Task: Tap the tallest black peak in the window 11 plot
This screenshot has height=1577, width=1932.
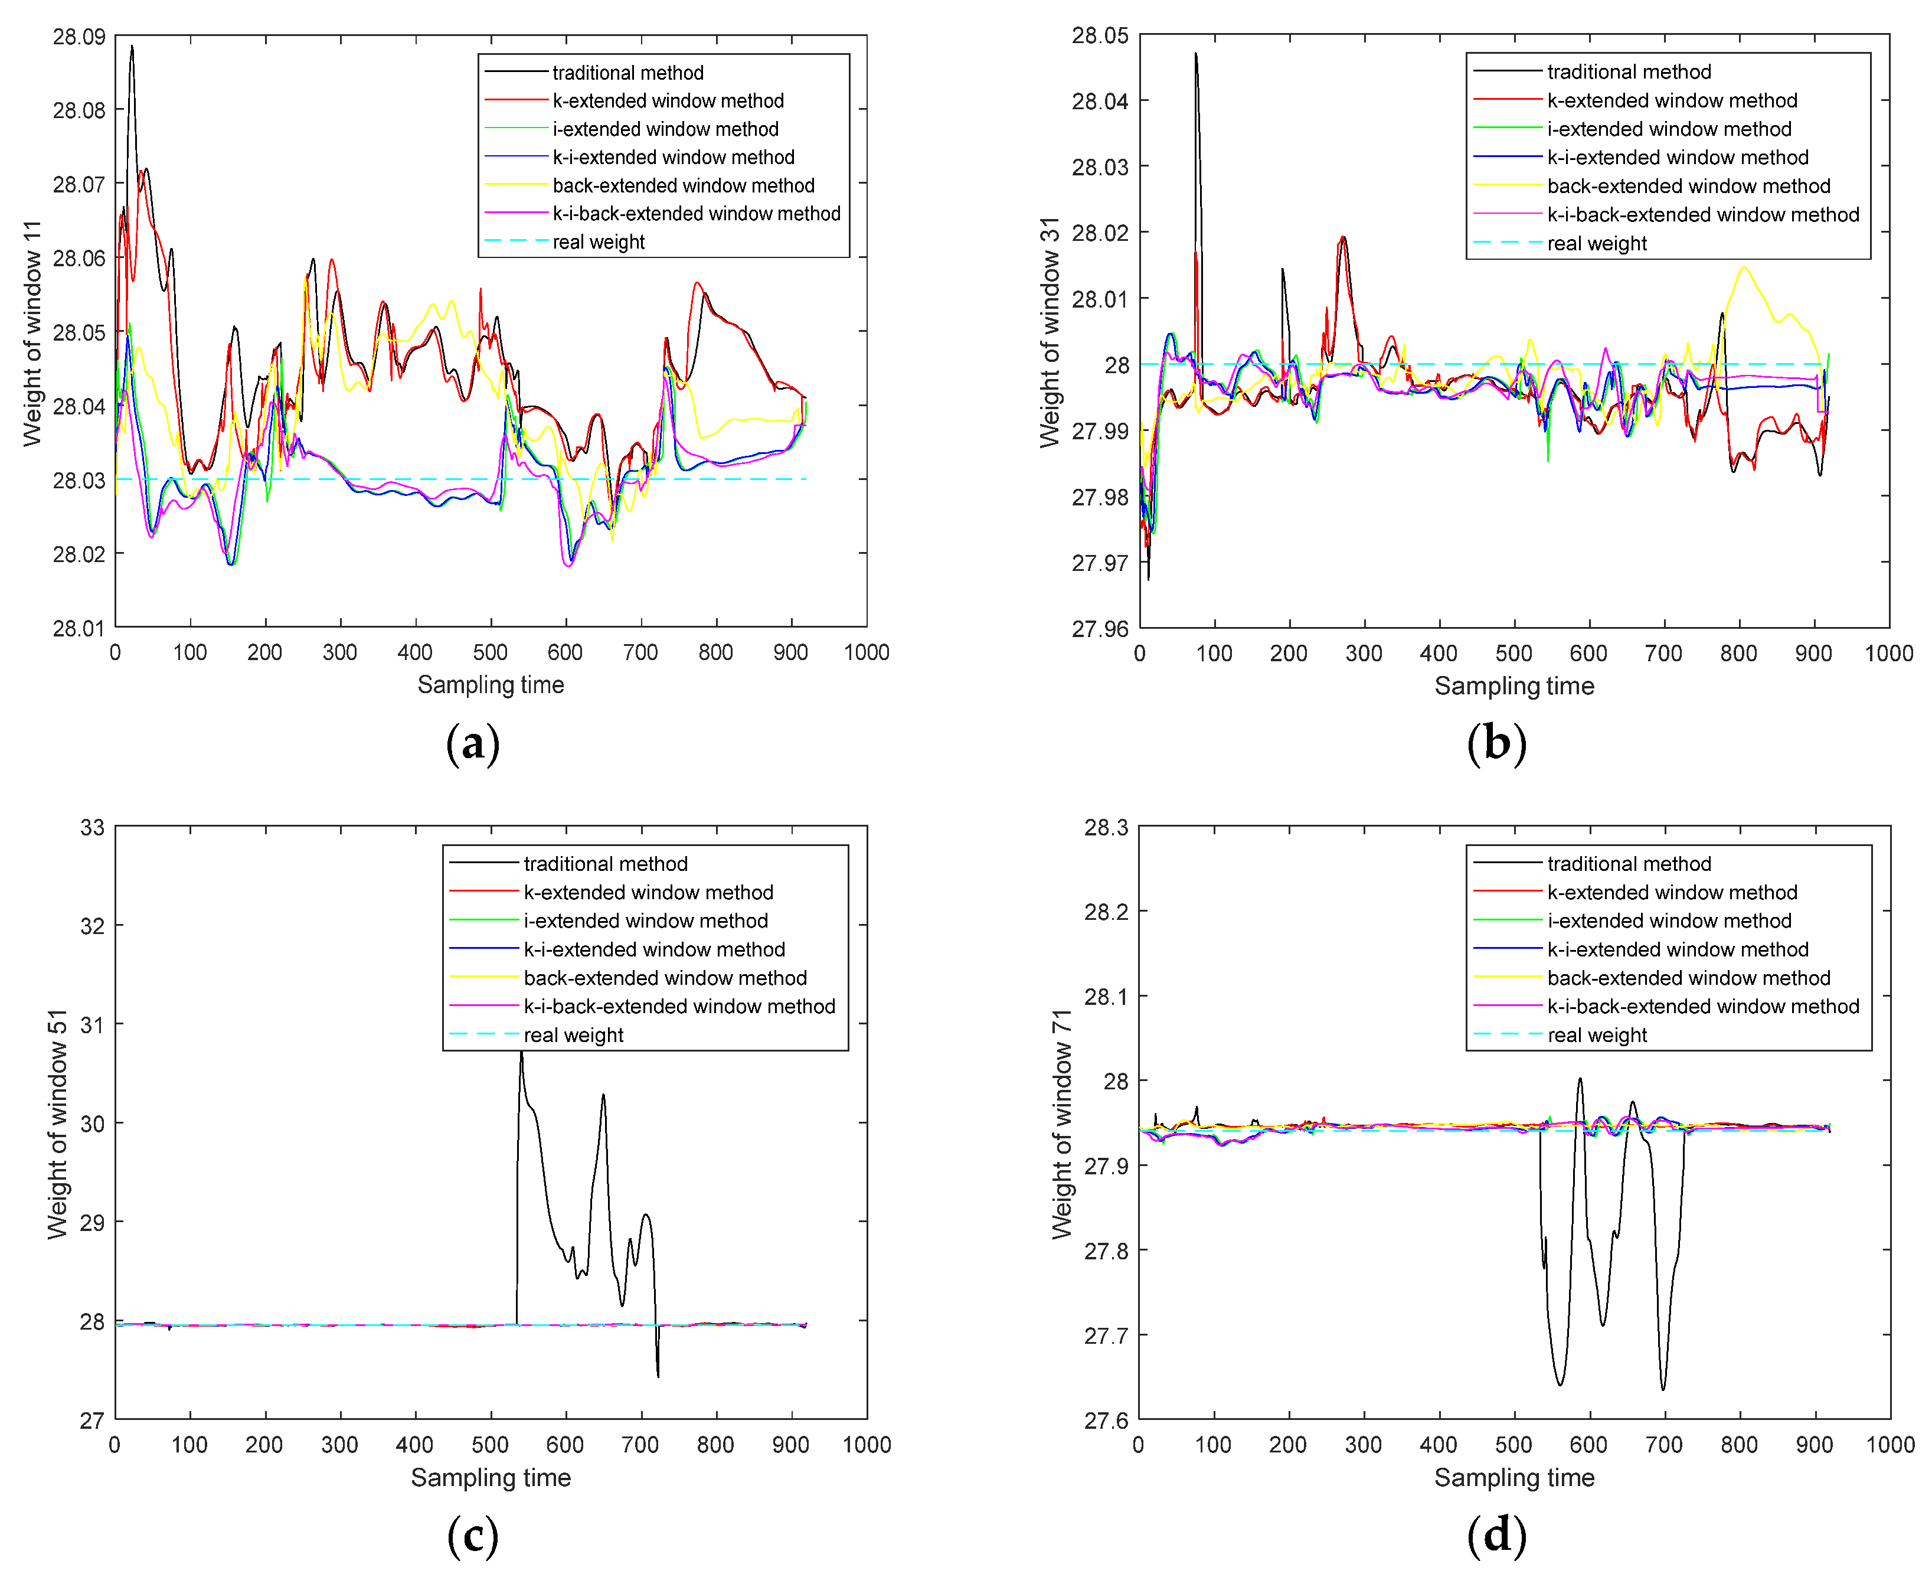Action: (x=132, y=46)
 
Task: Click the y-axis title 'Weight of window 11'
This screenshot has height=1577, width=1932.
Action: (x=32, y=332)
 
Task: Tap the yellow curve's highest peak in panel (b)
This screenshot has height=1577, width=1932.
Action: (x=1743, y=267)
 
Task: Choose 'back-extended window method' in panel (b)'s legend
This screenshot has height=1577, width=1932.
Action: (x=1688, y=186)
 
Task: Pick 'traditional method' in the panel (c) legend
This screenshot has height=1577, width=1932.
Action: (x=605, y=864)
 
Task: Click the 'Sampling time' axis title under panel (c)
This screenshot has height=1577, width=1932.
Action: (x=491, y=1478)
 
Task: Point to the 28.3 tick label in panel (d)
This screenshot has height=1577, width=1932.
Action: (x=1106, y=828)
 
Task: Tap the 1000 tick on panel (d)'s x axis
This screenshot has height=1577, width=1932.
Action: (x=1889, y=1444)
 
